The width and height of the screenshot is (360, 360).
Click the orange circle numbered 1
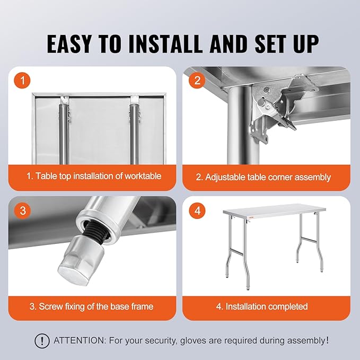(x=22, y=81)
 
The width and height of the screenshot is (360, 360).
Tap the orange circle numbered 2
(x=197, y=81)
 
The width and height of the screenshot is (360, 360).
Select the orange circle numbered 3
(x=22, y=210)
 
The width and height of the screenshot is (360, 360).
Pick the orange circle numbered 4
(x=197, y=210)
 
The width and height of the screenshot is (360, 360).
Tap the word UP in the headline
(x=306, y=45)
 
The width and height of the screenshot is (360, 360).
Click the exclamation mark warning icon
(x=42, y=340)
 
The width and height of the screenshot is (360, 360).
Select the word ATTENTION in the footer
(x=79, y=340)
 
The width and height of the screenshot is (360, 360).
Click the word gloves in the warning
(x=193, y=341)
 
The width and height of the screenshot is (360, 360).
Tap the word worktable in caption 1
(x=143, y=176)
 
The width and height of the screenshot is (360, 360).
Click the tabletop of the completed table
(x=274, y=210)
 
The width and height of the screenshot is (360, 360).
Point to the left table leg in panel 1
(x=63, y=134)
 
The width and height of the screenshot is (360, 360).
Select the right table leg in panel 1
(x=134, y=134)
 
